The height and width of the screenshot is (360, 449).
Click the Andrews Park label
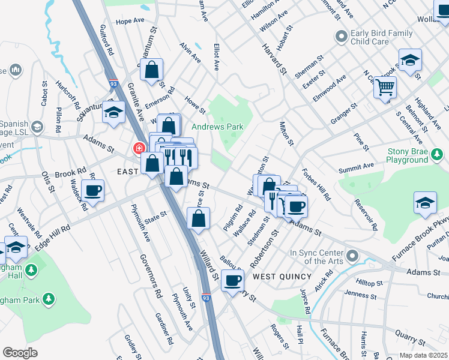(x=217, y=127)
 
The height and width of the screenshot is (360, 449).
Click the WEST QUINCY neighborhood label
(x=282, y=276)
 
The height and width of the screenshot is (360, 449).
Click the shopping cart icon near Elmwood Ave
(x=385, y=88)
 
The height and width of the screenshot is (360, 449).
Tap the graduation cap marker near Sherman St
(x=410, y=61)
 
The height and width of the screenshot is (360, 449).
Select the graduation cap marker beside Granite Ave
(x=113, y=112)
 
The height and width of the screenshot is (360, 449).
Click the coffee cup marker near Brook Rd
(x=92, y=191)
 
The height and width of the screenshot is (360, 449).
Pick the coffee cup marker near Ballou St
(x=232, y=280)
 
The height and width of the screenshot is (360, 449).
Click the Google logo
(x=20, y=353)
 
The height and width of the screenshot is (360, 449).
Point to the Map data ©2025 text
(x=423, y=355)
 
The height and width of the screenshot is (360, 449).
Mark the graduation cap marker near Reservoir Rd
(x=425, y=202)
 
